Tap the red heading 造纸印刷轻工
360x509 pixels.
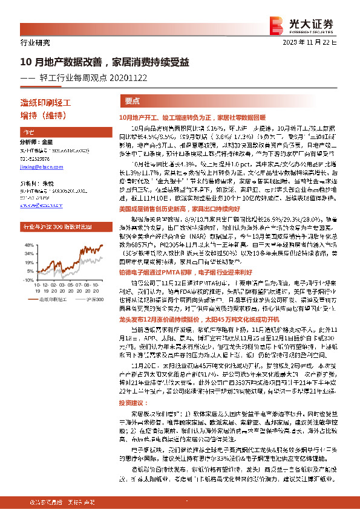click(x=46, y=103)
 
